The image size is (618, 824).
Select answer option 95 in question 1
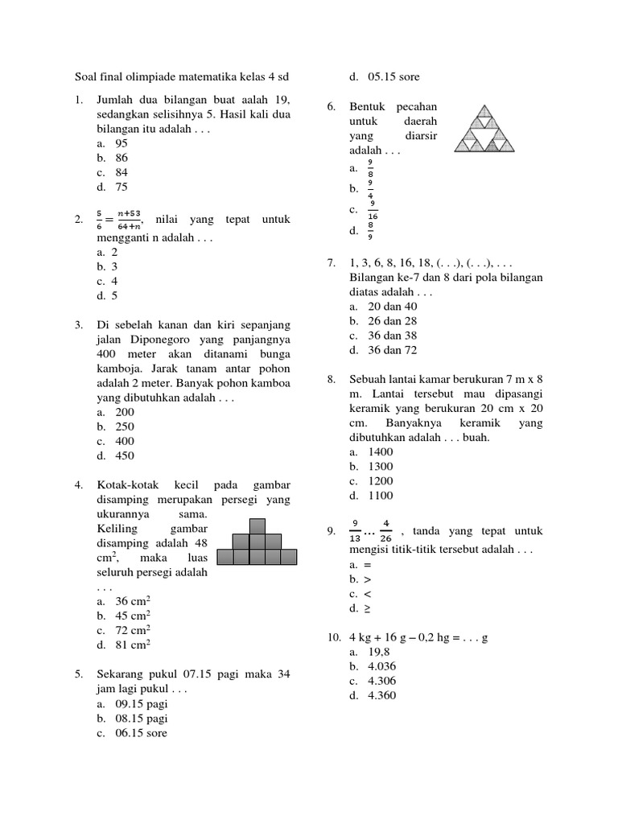[x=122, y=143]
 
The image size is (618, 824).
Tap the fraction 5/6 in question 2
[x=100, y=220]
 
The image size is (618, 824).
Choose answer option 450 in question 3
[x=125, y=455]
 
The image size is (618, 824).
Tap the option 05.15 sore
[x=393, y=77]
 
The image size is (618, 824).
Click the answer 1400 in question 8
[x=381, y=452]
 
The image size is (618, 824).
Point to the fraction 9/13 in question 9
[x=356, y=530]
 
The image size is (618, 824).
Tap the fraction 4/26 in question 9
[x=386, y=530]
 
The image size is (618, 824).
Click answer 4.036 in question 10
[x=382, y=666]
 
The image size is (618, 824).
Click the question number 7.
[x=332, y=263]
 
